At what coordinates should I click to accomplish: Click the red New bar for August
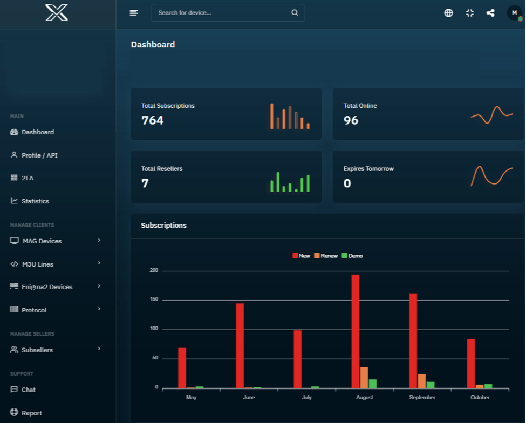point(356,331)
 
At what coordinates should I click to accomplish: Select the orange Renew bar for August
point(364,378)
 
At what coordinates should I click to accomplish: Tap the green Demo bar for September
point(431,385)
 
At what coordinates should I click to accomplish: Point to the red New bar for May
point(182,368)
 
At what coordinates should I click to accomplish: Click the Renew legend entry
point(326,255)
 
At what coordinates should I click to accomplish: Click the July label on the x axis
point(306,398)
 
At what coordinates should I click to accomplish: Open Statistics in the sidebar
point(35,201)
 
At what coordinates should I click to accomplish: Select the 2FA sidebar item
point(28,178)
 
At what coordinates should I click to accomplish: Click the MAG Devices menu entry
point(42,241)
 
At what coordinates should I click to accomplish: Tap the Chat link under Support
point(29,390)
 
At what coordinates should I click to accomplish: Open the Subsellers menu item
point(37,350)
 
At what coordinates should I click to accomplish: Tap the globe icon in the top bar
point(448,13)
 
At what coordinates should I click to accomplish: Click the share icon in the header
point(490,13)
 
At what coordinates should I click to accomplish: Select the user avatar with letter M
point(514,13)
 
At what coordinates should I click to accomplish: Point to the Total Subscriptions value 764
point(152,120)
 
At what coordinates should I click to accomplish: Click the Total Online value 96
point(351,120)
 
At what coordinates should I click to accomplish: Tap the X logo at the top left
point(57,13)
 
